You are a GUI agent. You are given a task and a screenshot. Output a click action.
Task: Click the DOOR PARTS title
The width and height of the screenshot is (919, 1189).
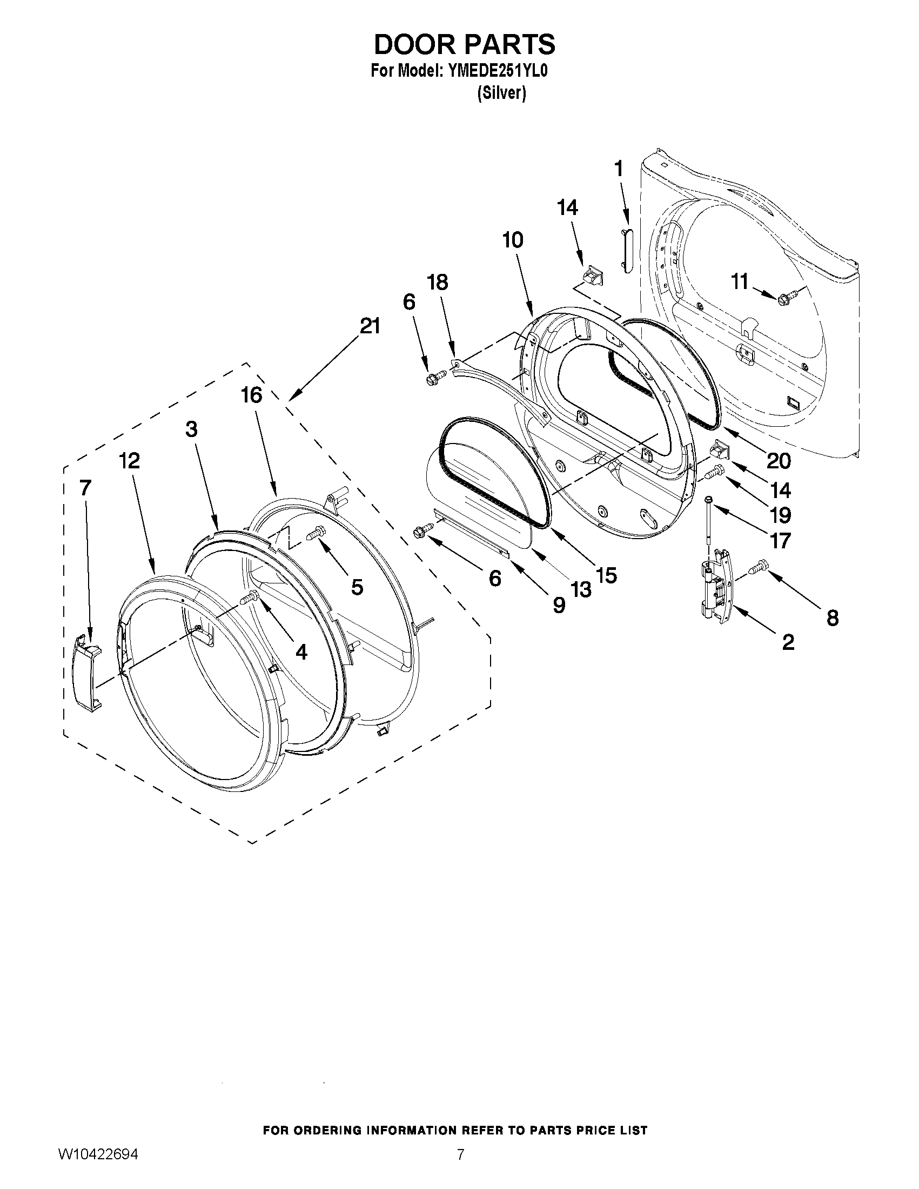click(464, 45)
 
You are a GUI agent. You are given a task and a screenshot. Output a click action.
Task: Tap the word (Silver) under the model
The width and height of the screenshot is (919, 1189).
click(501, 93)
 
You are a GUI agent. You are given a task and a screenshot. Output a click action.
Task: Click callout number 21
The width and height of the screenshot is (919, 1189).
click(370, 326)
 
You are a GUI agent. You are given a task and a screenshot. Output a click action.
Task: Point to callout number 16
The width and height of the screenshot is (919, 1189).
click(252, 395)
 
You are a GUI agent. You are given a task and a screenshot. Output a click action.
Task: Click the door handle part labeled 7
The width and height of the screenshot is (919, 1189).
click(87, 673)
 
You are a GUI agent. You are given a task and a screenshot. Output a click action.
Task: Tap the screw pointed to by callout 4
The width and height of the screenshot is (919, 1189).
click(249, 598)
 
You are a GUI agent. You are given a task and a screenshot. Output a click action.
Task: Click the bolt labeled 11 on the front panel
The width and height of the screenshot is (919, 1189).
click(787, 298)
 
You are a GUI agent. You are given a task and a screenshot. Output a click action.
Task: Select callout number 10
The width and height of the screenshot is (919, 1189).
click(513, 240)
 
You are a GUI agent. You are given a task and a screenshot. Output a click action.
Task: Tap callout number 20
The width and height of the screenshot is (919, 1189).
click(779, 461)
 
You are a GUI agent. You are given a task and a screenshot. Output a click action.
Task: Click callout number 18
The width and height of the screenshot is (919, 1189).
click(438, 283)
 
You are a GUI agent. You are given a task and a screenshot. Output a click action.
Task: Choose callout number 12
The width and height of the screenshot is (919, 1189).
click(130, 461)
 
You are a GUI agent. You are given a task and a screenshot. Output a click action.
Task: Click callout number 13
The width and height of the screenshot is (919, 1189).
click(581, 589)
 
